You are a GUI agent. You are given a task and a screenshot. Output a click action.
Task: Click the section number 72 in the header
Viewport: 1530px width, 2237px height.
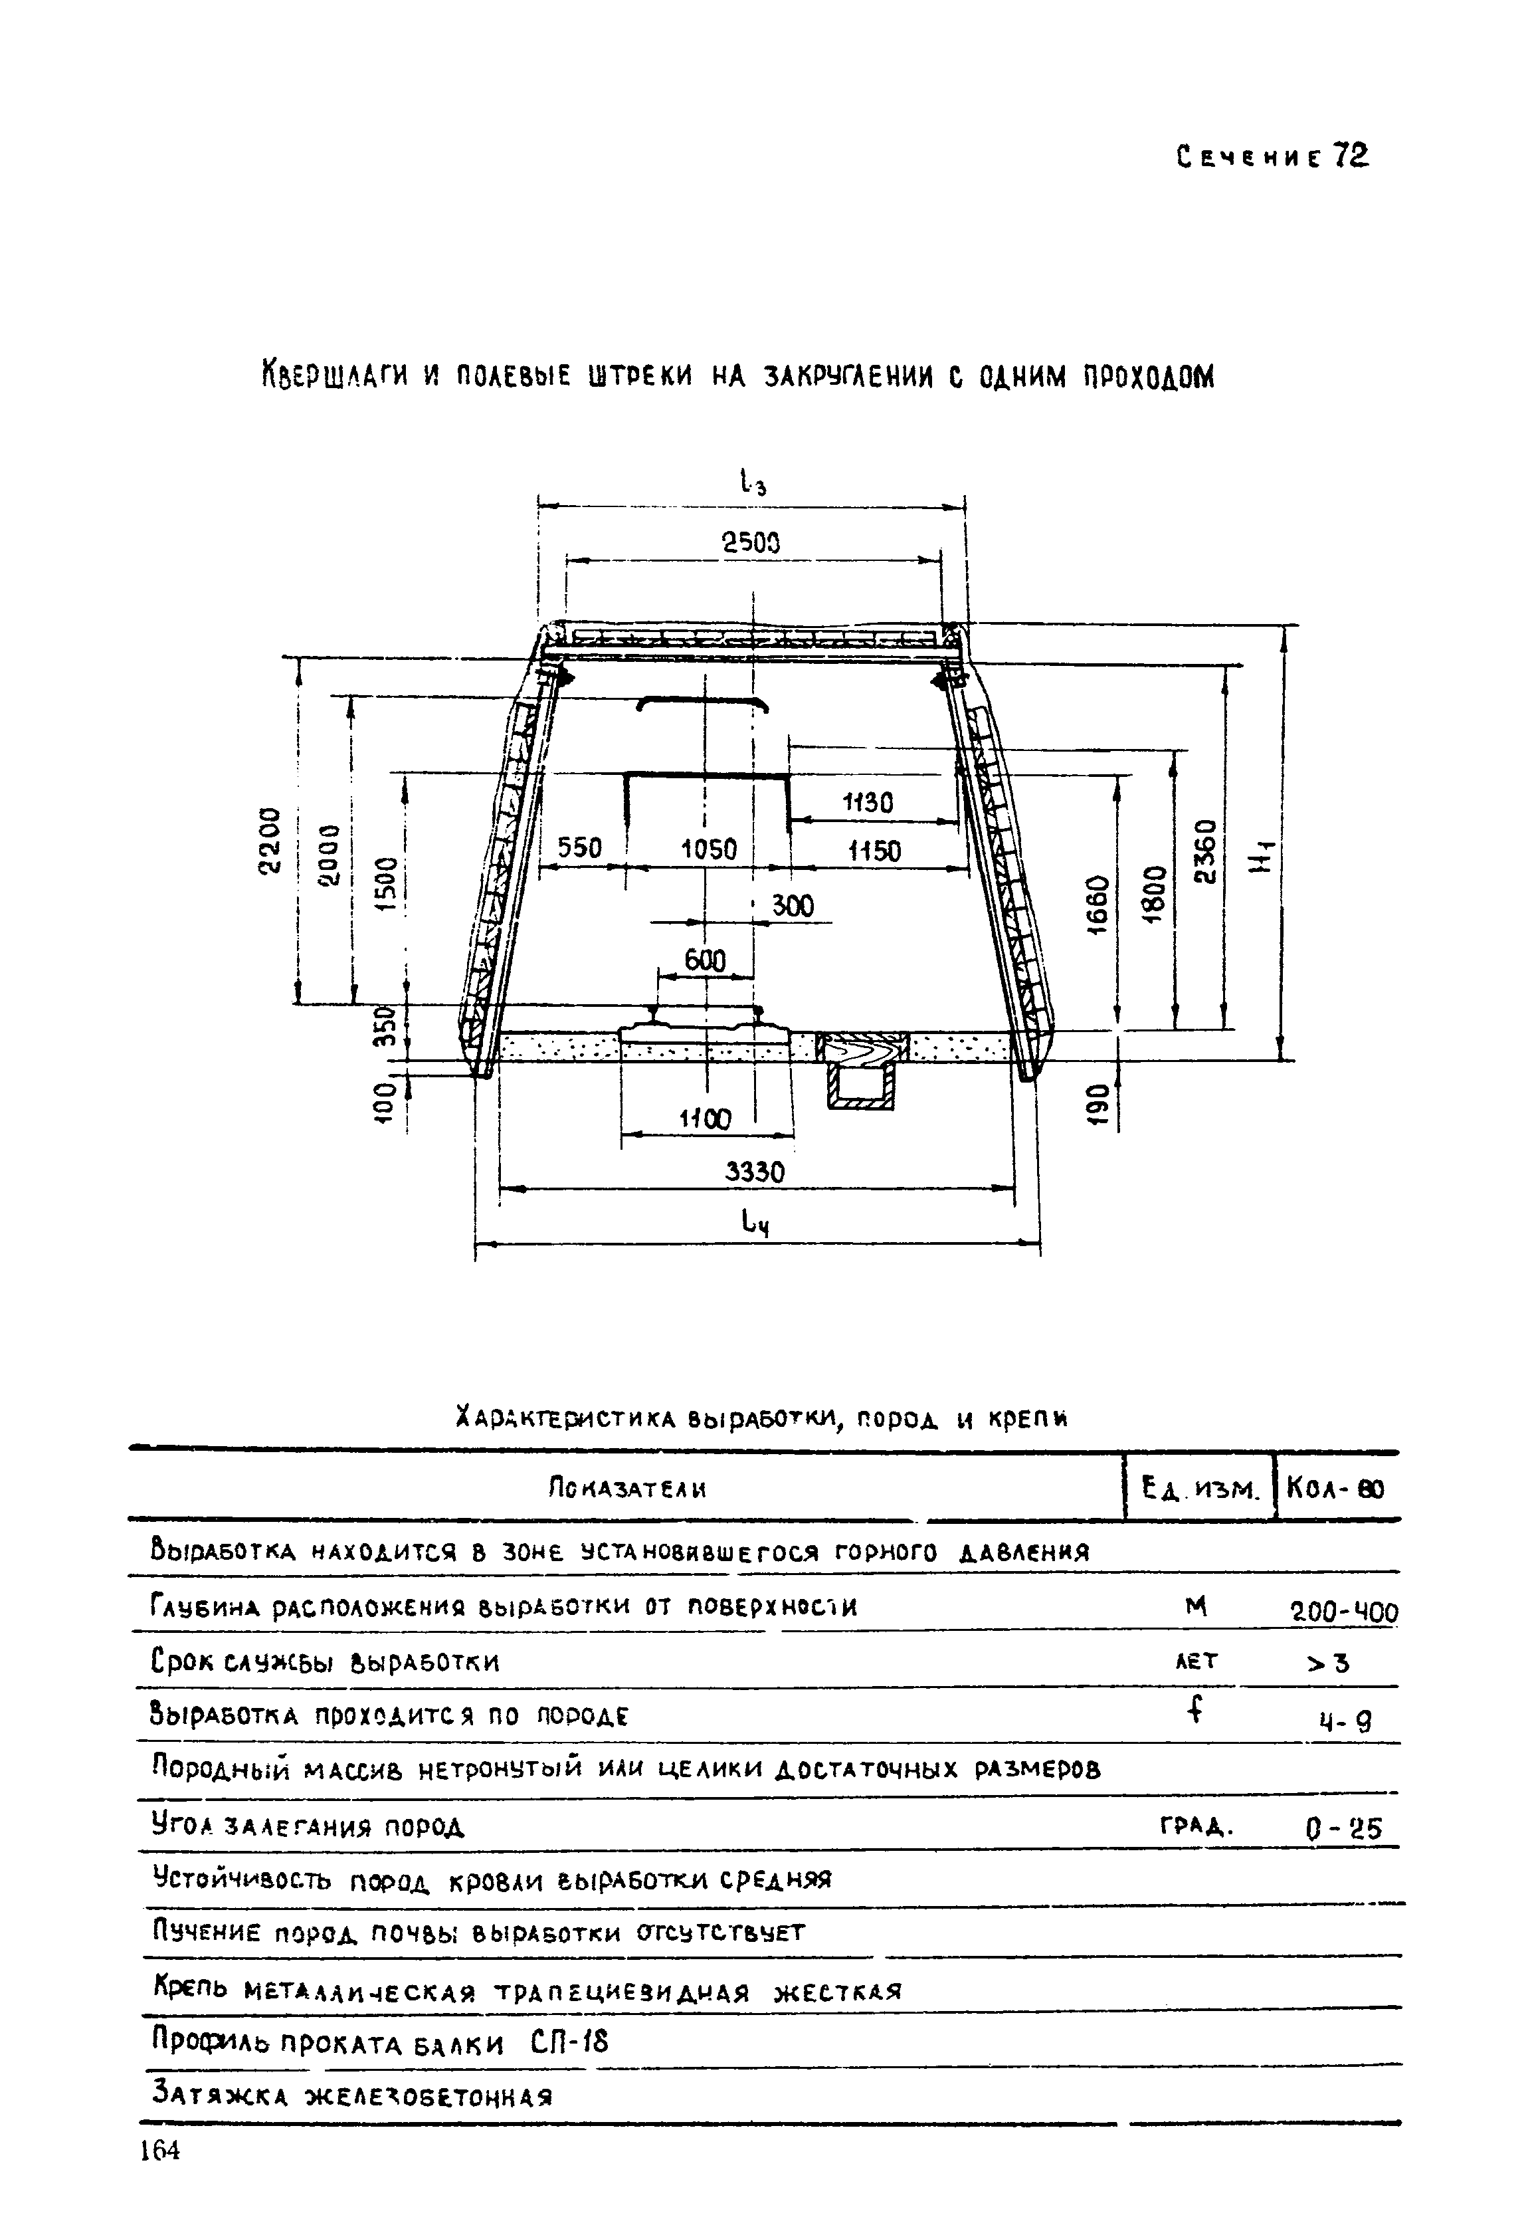pos(1349,156)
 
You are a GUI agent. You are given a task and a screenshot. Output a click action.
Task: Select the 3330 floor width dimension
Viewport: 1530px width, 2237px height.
pos(755,1172)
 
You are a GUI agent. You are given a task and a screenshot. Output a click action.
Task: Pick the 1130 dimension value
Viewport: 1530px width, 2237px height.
pos(868,803)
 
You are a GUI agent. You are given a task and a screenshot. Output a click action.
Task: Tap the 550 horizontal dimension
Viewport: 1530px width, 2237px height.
pos(580,848)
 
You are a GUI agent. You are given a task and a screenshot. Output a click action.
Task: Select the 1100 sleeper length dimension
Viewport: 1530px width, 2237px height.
pos(706,1119)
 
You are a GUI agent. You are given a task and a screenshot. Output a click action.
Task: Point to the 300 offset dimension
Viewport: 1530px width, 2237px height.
pos(793,906)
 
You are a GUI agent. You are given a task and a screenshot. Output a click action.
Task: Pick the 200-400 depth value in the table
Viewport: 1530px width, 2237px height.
pos(1343,1612)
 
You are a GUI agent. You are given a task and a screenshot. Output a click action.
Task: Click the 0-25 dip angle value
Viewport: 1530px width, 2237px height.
pos(1343,1827)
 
